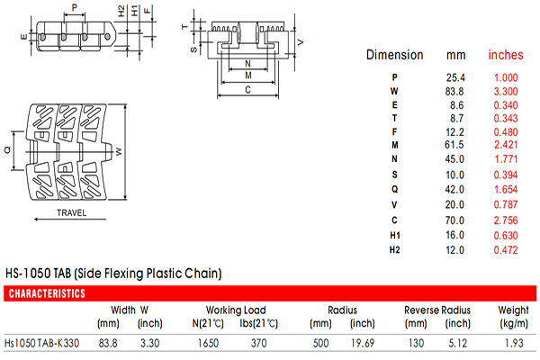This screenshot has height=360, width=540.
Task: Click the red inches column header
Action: (x=506, y=55)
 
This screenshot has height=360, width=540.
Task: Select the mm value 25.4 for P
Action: (x=455, y=77)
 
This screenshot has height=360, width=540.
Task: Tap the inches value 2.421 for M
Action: (x=506, y=145)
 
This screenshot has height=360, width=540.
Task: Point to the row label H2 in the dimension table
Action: (x=395, y=250)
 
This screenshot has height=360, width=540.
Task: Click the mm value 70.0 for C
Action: (x=454, y=220)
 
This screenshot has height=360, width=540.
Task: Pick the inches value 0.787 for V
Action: (x=506, y=204)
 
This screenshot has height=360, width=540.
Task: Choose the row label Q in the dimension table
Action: (x=395, y=189)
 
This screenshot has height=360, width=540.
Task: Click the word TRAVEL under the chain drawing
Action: (x=72, y=212)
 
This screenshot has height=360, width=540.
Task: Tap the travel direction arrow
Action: (x=70, y=219)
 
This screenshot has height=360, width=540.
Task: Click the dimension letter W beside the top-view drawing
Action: (x=119, y=151)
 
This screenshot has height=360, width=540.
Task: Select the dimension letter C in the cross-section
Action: (x=247, y=90)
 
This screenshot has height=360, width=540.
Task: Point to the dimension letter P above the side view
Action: (x=75, y=7)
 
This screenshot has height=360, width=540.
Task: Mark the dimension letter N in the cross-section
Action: (x=247, y=64)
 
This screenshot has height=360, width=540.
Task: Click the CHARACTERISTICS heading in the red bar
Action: (x=47, y=293)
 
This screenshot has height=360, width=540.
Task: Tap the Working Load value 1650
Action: (x=208, y=343)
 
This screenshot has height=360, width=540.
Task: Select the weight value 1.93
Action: (x=514, y=343)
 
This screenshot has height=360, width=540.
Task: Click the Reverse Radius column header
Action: (x=437, y=310)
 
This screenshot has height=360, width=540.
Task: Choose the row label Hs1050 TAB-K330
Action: (x=41, y=343)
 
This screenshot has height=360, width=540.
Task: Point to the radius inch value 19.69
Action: (x=363, y=343)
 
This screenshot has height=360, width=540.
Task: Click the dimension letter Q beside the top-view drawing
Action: (x=7, y=150)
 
